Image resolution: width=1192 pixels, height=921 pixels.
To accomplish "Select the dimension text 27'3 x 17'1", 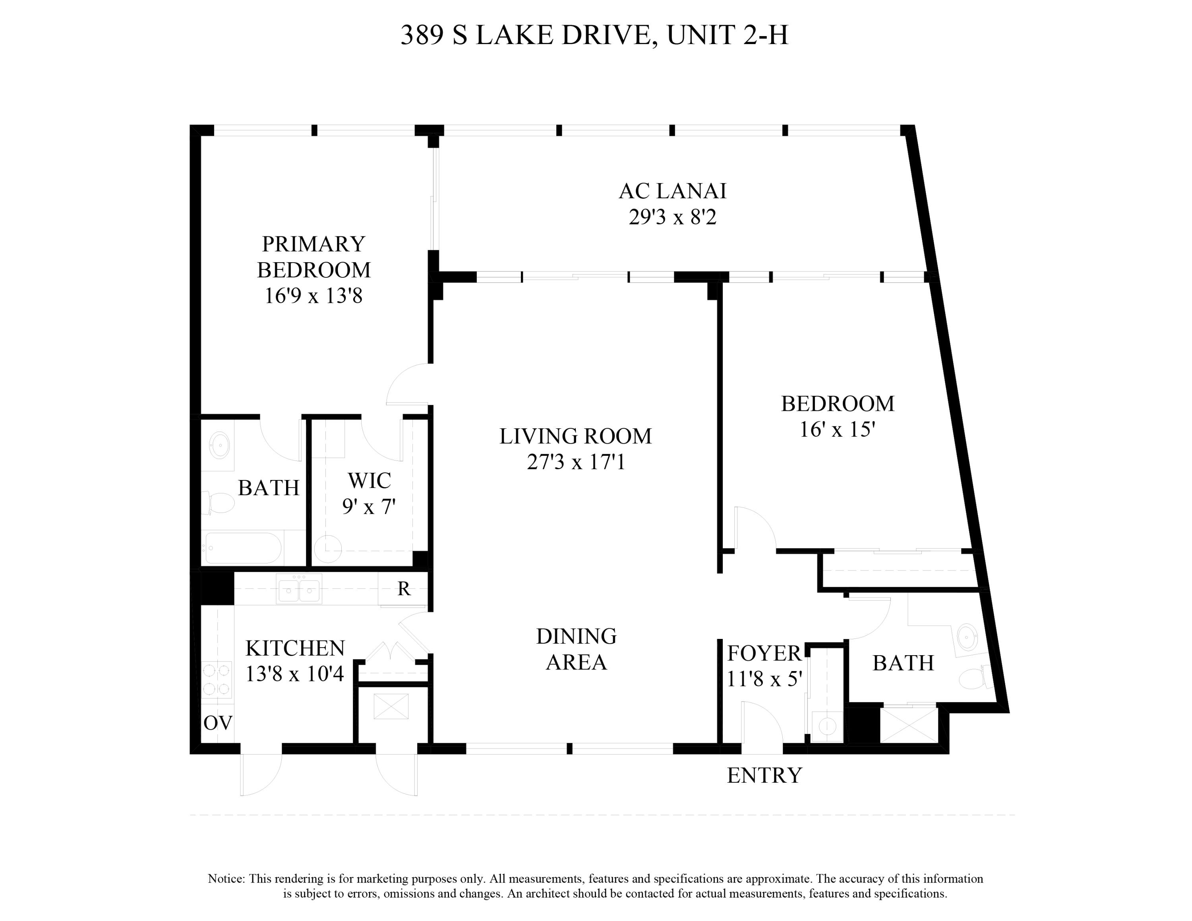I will pos(575,462).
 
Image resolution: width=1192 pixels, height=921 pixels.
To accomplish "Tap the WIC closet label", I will pos(369,481).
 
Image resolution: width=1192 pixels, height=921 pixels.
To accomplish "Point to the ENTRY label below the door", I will pos(764,775).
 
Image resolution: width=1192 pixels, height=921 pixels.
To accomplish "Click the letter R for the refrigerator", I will pos(403,589).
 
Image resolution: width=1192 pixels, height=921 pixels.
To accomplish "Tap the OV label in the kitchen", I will pos(218,723).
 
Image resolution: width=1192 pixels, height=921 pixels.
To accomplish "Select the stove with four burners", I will pos(217,679).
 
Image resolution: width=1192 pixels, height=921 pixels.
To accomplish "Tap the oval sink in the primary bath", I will pos(219,446).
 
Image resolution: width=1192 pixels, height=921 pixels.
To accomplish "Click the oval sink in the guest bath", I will pos(968,637).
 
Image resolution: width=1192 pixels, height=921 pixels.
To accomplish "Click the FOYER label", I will pos(764,653).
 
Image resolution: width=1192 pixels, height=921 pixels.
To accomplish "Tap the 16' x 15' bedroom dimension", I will pos(837,430).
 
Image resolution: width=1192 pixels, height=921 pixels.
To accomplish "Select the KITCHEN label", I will pos(295,648).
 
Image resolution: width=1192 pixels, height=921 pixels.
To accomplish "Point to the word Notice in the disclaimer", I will pos(226,879).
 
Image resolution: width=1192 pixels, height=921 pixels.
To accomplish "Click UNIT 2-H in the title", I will pos(727,35).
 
